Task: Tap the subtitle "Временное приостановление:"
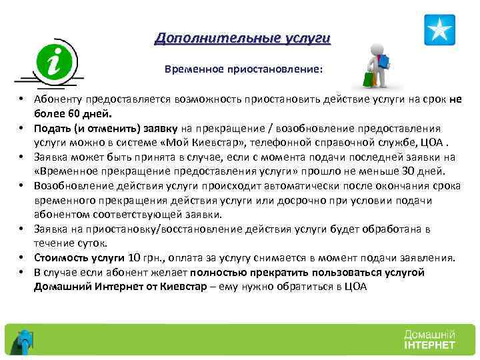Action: tap(243, 69)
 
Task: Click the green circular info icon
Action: tap(55, 63)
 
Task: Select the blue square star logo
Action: tap(439, 30)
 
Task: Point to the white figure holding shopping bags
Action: tap(375, 65)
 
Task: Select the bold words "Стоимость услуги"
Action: tap(79, 258)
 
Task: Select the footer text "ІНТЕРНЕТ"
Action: tap(429, 345)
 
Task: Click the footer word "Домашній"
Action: tap(429, 334)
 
